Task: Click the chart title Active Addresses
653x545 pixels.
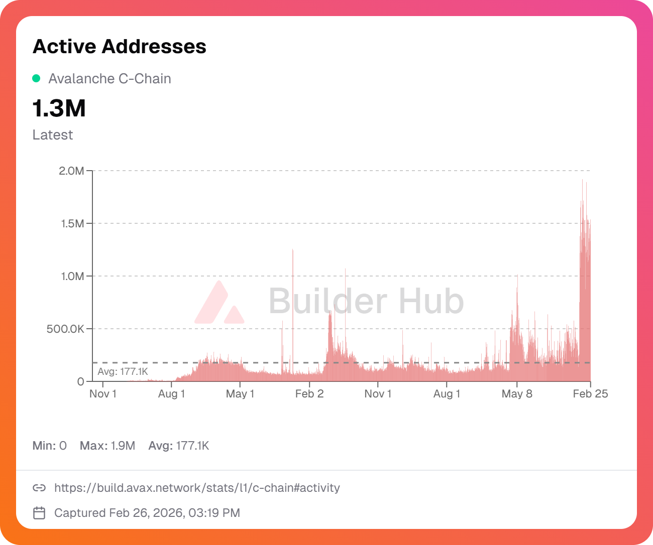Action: [x=120, y=47]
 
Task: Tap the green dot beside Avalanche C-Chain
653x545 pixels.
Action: [x=36, y=78]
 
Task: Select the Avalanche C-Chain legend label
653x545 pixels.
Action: [x=110, y=79]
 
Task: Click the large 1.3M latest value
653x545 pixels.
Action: [x=59, y=108]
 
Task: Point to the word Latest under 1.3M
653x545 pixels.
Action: [x=53, y=135]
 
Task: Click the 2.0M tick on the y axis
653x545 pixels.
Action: [x=71, y=171]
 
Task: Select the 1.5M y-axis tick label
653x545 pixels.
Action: [x=72, y=224]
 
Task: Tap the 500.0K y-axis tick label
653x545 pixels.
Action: [x=65, y=329]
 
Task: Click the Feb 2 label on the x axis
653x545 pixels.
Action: [x=309, y=394]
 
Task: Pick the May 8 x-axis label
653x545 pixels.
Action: [x=517, y=394]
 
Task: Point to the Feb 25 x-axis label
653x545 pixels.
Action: [x=590, y=394]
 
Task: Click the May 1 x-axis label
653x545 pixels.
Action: [x=240, y=394]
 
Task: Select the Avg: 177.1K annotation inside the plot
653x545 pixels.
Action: [x=123, y=372]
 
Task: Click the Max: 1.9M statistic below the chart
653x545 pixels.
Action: [x=107, y=446]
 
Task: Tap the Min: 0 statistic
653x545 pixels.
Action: [x=49, y=446]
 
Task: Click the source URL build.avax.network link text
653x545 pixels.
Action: [x=197, y=488]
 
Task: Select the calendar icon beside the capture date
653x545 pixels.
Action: [x=39, y=513]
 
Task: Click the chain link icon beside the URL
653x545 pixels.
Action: [x=39, y=488]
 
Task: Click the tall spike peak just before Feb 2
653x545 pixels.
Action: [x=293, y=251]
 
